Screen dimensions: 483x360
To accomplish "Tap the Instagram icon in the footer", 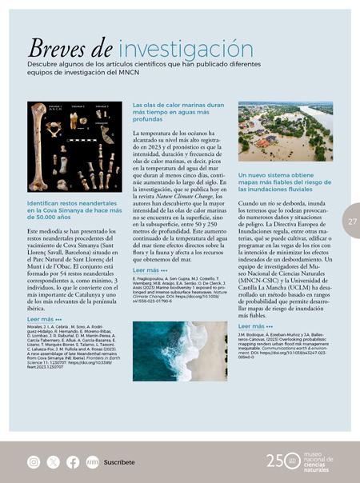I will pos(34,461).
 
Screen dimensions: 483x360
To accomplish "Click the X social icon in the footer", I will pos(53,461).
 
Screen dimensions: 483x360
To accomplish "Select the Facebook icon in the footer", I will pos(73,461).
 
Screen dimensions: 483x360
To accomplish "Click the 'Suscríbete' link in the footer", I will pos(119,462).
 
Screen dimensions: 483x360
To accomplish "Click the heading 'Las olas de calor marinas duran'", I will pos(178,105).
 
